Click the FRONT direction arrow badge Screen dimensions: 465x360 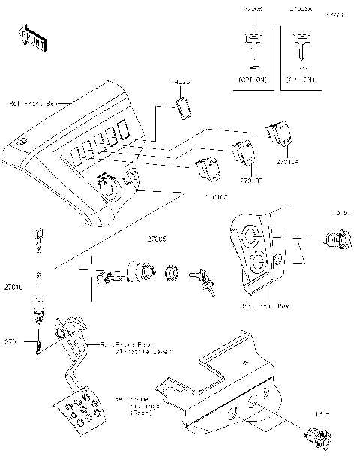pyautogui.click(x=31, y=37)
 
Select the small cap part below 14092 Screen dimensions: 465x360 pyautogui.click(x=184, y=106)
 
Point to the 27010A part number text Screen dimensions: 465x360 pyautogui.click(x=287, y=160)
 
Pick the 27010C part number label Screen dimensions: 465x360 pyautogui.click(x=217, y=196)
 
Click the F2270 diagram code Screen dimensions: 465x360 pyautogui.click(x=332, y=14)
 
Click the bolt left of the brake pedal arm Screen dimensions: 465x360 pyautogui.click(x=36, y=344)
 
